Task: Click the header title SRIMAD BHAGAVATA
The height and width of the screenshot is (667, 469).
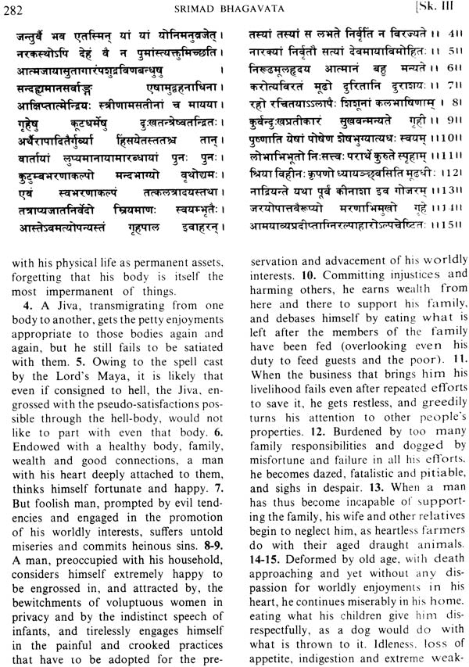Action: point(233,9)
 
